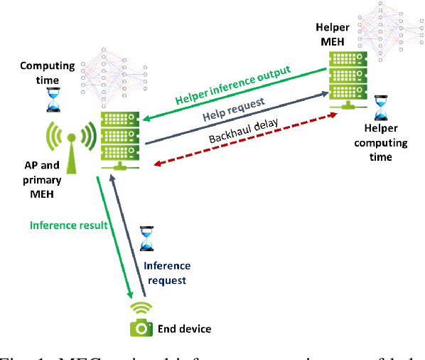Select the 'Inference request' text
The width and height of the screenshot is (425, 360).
point(168,272)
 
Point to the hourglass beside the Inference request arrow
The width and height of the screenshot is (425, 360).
point(146,238)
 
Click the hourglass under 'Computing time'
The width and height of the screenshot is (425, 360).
point(53,100)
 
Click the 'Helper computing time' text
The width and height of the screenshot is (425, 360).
point(386,142)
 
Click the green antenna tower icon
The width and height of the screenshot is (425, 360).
point(70,145)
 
